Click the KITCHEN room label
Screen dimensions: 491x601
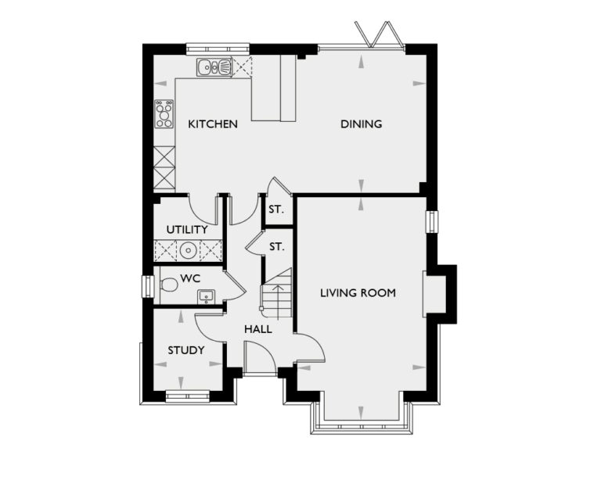coord(213,124)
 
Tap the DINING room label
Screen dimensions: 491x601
coord(361,124)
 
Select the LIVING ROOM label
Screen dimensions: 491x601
coord(358,293)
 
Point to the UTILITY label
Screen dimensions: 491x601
coord(187,230)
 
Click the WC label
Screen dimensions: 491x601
coord(189,278)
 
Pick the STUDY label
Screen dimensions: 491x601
coord(186,350)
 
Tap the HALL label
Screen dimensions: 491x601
coord(258,329)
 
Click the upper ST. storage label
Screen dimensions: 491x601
coord(276,210)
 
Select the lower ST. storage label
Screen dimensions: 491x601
coord(276,247)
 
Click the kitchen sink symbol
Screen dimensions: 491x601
coord(214,68)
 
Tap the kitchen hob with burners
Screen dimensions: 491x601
coord(164,114)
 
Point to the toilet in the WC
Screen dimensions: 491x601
coord(168,286)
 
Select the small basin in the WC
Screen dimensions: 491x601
coord(206,296)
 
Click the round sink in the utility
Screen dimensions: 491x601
coord(188,250)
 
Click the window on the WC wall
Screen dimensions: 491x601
coord(146,286)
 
